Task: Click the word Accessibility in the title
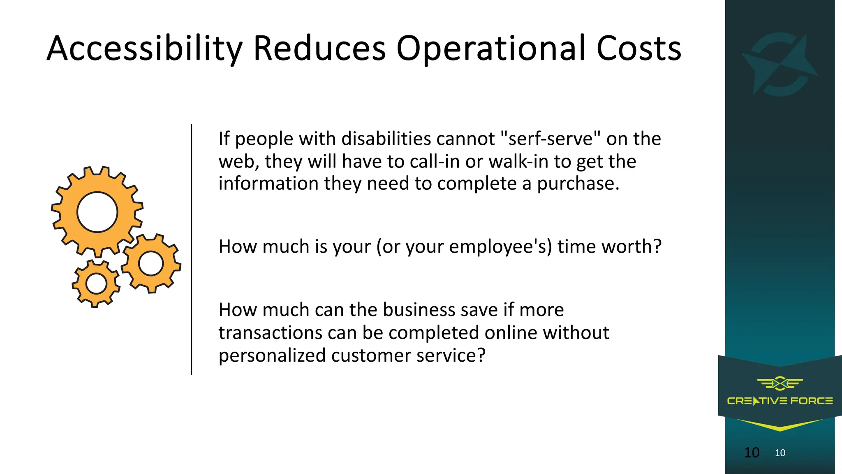point(144,49)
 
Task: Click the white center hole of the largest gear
point(97,212)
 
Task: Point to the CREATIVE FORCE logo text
point(780,401)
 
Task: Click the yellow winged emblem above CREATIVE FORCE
point(780,383)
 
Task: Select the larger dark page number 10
point(752,453)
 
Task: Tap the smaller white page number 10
point(780,453)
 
